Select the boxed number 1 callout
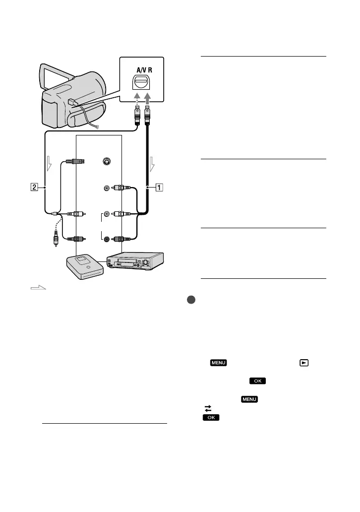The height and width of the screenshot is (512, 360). (159, 187)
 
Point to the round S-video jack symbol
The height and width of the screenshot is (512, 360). (105, 161)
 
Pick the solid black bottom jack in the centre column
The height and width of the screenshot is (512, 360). (107, 238)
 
